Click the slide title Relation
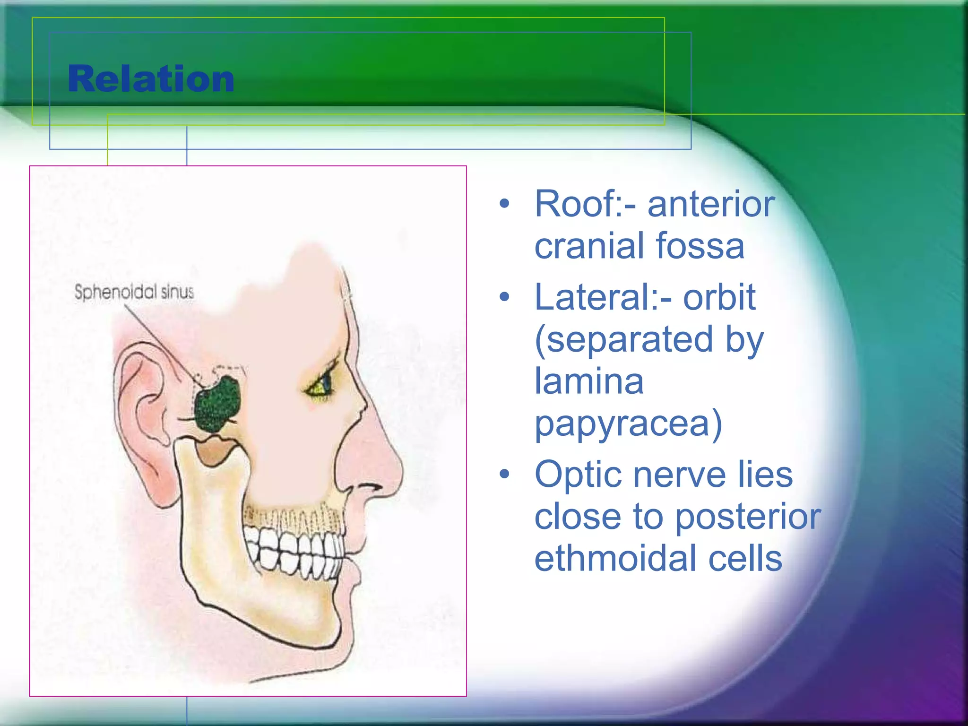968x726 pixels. pos(151,79)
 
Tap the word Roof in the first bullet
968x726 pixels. pos(579,204)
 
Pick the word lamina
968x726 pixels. pos(589,381)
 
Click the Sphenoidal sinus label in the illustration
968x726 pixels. pos(134,292)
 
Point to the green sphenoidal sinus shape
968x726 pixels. pos(217,404)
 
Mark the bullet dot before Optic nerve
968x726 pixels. pos(505,474)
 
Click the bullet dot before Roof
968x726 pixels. pos(505,204)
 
